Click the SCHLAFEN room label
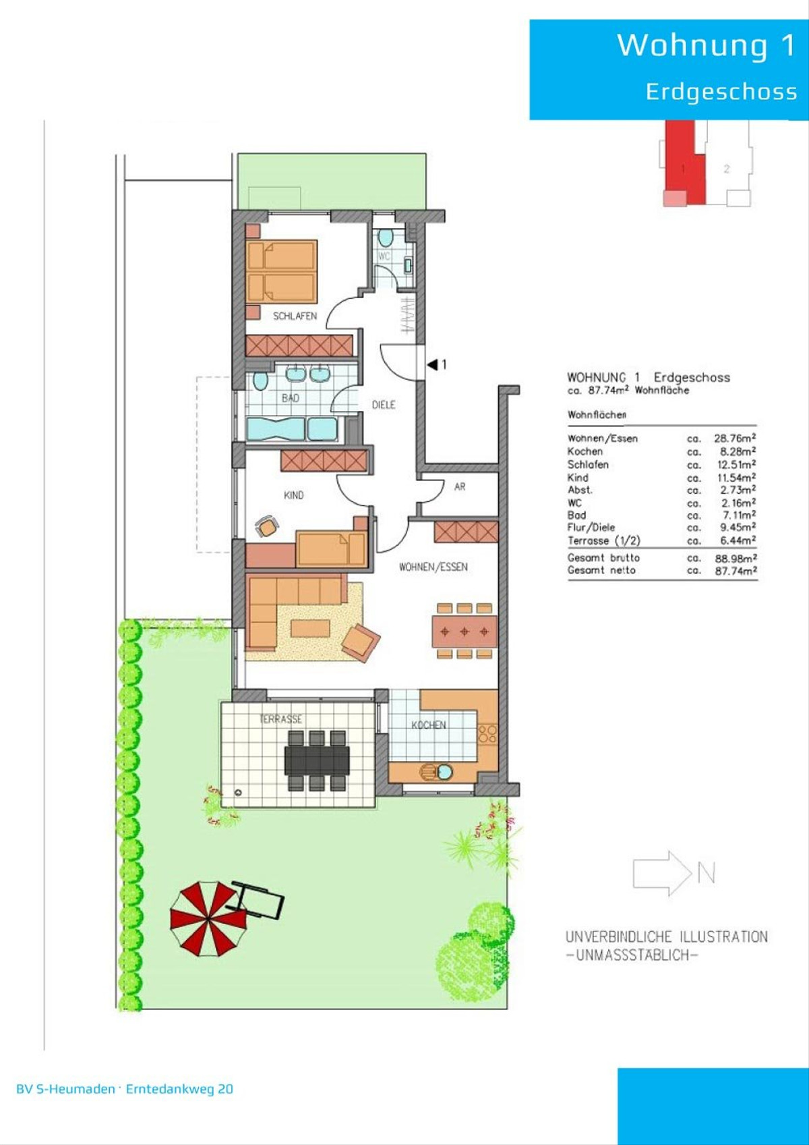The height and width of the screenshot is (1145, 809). [295, 316]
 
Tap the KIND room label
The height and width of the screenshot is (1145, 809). [294, 495]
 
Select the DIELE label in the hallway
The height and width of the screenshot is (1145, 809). [384, 405]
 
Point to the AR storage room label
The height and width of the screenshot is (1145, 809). [460, 486]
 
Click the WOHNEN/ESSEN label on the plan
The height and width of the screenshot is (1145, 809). [433, 566]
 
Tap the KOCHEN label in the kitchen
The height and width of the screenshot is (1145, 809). [429, 725]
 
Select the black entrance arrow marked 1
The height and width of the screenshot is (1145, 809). [433, 364]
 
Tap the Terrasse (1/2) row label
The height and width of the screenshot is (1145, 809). [603, 540]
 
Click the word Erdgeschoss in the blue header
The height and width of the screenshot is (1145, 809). [721, 91]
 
